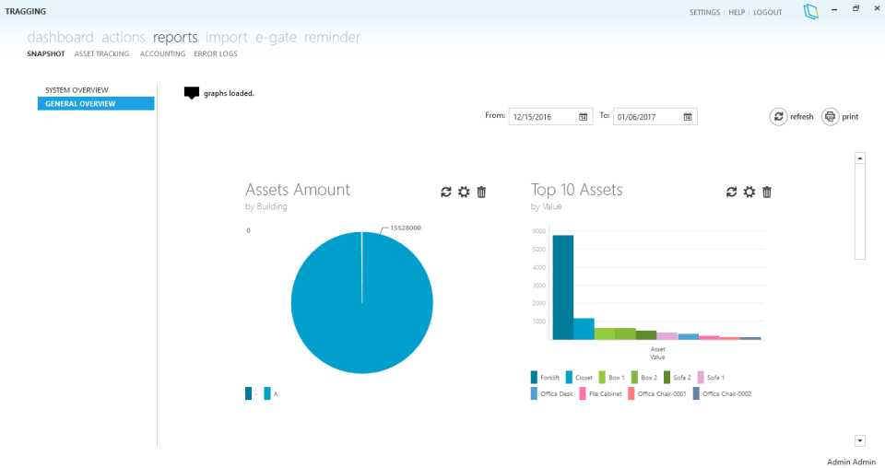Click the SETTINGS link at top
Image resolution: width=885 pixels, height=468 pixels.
704,12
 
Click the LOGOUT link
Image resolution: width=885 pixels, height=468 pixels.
767,12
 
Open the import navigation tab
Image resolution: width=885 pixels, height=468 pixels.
226,38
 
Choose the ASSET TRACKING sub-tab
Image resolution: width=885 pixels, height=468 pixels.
101,54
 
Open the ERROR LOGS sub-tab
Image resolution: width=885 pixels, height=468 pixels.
216,54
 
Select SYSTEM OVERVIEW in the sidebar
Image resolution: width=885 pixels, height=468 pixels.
77,90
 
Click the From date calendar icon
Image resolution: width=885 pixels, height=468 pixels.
584,117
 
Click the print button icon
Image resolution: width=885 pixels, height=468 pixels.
830,117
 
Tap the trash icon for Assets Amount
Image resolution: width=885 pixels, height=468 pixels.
481,192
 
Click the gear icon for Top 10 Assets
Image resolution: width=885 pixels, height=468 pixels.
749,192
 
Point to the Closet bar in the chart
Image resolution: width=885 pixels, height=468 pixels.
584,329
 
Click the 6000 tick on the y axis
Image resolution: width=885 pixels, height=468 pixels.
539,231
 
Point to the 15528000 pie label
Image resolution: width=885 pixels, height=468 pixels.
406,228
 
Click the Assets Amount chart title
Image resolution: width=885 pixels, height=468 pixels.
298,190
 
